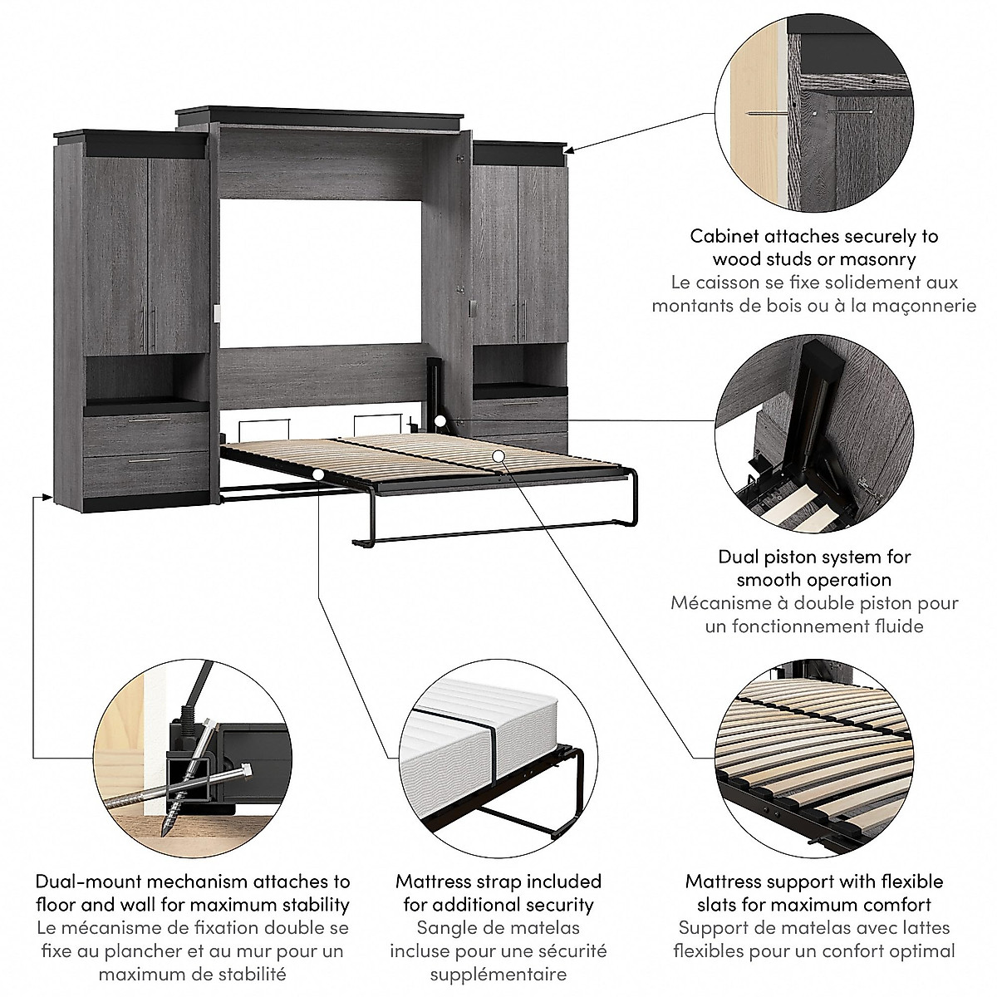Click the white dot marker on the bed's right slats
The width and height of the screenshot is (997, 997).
point(497,454)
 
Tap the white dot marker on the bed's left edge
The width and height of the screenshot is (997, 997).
point(318,474)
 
